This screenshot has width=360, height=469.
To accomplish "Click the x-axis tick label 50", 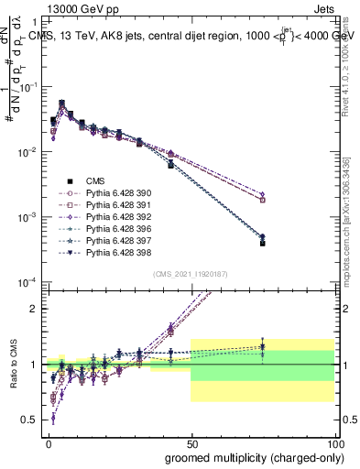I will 191,442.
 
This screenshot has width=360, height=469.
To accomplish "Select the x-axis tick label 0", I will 48,442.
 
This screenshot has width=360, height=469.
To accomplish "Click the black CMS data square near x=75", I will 262,244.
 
